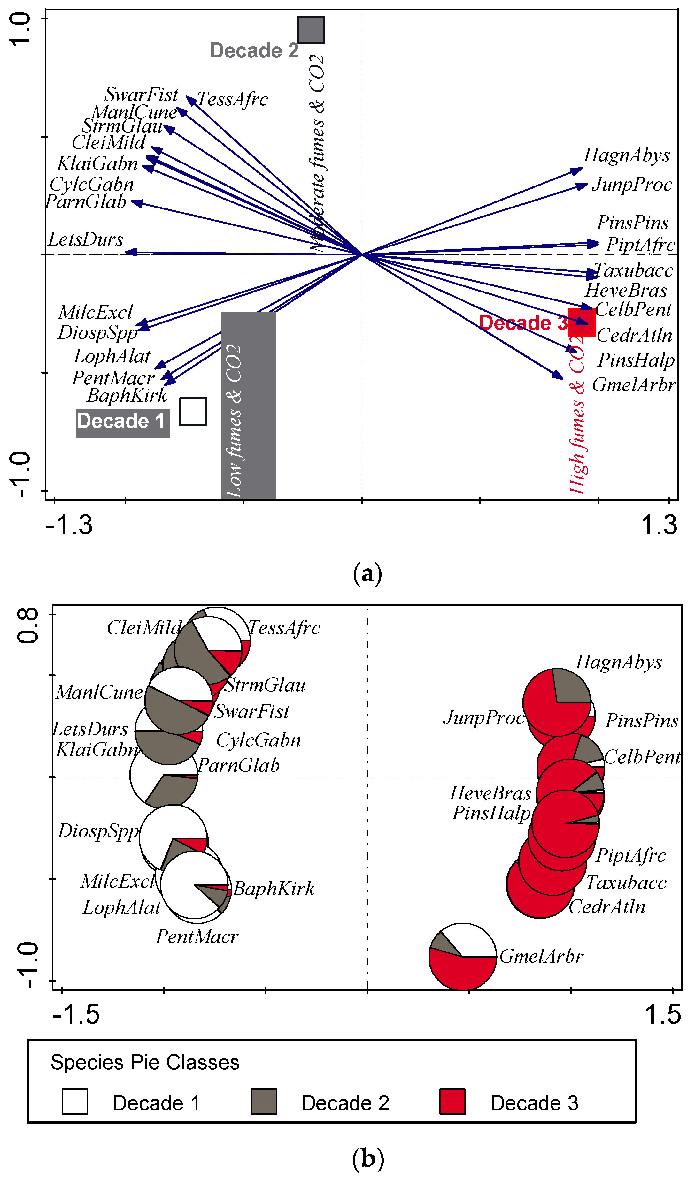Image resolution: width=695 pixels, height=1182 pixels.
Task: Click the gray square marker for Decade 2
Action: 311,30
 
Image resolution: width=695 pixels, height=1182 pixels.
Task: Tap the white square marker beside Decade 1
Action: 193,411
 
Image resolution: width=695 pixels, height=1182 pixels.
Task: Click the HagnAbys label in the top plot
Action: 627,155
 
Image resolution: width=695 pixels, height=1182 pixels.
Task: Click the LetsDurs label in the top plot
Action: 86,240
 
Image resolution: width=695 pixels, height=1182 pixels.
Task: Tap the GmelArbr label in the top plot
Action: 634,385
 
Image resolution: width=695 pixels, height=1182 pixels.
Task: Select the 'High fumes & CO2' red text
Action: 577,415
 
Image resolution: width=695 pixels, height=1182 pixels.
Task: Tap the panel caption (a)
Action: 367,574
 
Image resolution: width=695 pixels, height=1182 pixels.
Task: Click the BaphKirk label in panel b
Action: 274,889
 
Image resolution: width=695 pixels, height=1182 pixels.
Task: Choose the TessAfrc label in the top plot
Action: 233,99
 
